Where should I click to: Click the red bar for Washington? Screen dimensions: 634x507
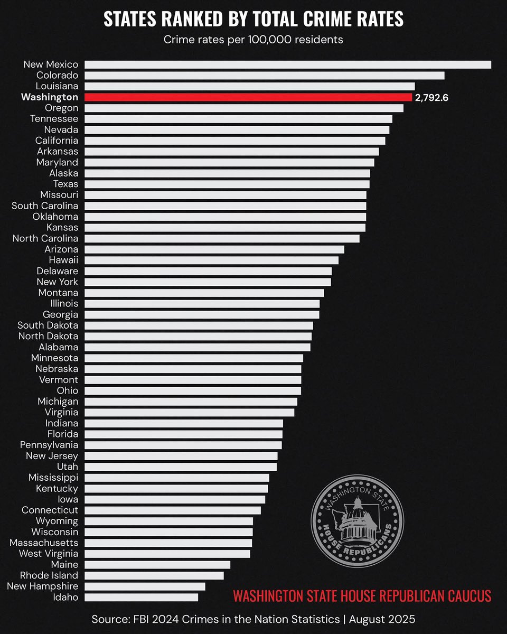tap(248, 97)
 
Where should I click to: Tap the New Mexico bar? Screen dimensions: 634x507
tap(288, 64)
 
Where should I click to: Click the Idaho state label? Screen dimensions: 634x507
tap(65, 597)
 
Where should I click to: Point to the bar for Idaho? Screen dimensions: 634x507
tap(141, 597)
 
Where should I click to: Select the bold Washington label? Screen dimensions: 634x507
tap(50, 97)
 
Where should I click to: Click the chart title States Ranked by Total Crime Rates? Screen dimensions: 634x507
tap(253, 19)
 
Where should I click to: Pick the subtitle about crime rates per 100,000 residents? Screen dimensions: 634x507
tap(253, 40)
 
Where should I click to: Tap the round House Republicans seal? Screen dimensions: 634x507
tap(357, 520)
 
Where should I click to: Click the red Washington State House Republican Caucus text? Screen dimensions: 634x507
tap(362, 596)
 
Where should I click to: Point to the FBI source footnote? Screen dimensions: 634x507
tap(253, 619)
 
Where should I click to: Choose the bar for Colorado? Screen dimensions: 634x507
tap(264, 76)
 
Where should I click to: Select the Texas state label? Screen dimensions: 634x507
tap(65, 184)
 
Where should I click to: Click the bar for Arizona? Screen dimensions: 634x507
tap(214, 249)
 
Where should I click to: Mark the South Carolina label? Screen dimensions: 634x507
tap(45, 206)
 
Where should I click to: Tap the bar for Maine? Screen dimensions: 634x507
tap(157, 565)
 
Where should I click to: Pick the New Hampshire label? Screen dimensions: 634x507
tap(43, 586)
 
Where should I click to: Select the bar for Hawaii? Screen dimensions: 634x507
tap(211, 260)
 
